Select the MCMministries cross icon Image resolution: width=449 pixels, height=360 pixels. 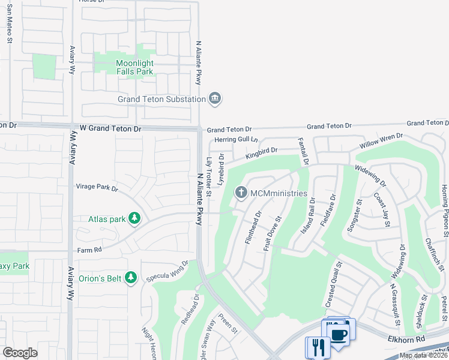[x=241, y=193]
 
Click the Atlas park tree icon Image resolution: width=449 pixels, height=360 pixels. [x=135, y=219]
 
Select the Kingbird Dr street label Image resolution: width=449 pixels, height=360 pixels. [x=261, y=154]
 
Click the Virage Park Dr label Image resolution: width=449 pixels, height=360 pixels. [x=97, y=187]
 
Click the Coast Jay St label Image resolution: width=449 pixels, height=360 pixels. [x=382, y=209]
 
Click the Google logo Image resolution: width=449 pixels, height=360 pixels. [x=20, y=353]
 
